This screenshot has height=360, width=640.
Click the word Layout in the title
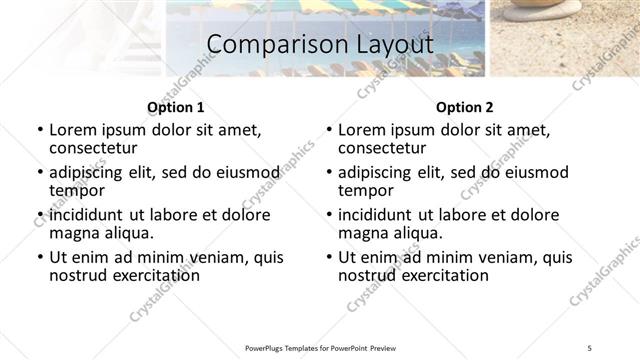click(388, 46)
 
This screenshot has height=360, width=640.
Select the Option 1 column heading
click(175, 107)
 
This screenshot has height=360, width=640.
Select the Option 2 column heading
click(464, 107)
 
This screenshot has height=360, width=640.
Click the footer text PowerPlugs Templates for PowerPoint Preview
click(320, 347)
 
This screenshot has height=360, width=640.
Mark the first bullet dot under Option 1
click(40, 131)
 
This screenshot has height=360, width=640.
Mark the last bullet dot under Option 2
click(329, 257)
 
